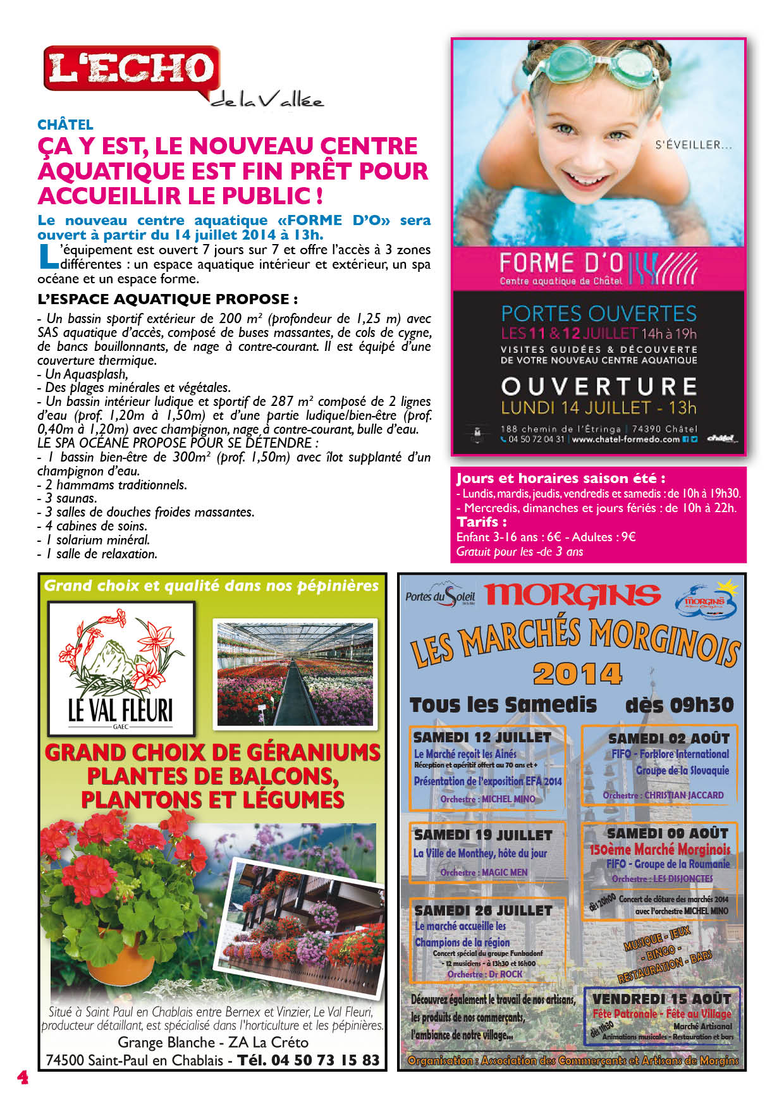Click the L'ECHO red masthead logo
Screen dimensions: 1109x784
[132, 68]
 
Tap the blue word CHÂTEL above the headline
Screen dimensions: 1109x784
[65, 125]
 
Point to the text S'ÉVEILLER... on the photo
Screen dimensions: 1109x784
[694, 145]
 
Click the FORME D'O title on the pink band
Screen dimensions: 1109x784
[561, 262]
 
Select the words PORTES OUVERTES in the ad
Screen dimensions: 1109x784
[599, 314]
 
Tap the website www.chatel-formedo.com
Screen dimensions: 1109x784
[625, 439]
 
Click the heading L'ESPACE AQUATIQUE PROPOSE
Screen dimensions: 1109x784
[168, 299]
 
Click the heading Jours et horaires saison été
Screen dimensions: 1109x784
[560, 479]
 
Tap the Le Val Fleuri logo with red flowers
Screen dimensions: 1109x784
[121, 668]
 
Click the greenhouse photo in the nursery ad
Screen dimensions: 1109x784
[295, 673]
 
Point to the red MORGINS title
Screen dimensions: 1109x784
[572, 595]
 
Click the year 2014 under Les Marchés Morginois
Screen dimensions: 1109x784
[577, 674]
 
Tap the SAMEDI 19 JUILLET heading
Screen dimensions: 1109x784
[483, 835]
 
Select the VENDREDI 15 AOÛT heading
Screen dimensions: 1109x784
[661, 999]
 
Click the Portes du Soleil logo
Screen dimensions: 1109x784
[440, 596]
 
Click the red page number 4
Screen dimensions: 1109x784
[23, 1077]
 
